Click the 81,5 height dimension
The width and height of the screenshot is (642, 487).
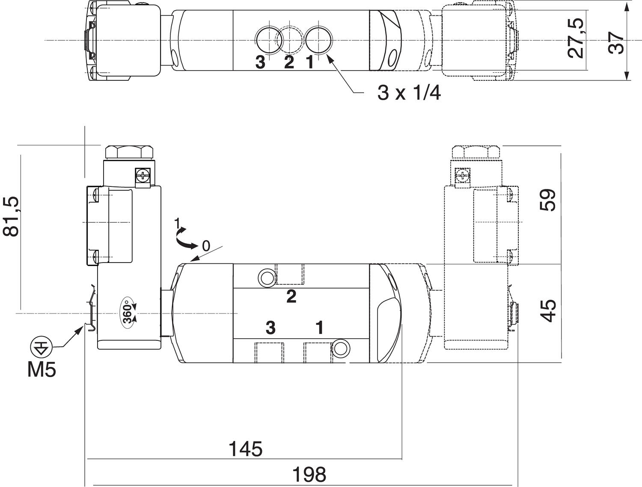12,217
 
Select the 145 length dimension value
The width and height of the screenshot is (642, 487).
245,449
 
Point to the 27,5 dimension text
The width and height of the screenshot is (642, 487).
577,38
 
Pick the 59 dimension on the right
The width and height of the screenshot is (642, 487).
548,200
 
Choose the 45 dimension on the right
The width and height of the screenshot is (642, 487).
548,311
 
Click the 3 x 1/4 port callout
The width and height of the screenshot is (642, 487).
409,93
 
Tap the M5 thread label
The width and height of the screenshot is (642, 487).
42,370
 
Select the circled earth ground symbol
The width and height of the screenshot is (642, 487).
41,348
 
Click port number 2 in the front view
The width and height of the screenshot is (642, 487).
291,297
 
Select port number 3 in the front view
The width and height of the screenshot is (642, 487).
270,328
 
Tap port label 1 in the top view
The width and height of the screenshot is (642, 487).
310,62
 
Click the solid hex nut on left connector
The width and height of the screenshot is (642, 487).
128,152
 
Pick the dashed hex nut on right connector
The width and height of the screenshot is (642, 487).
476,152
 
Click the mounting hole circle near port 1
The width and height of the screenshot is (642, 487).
341,349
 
